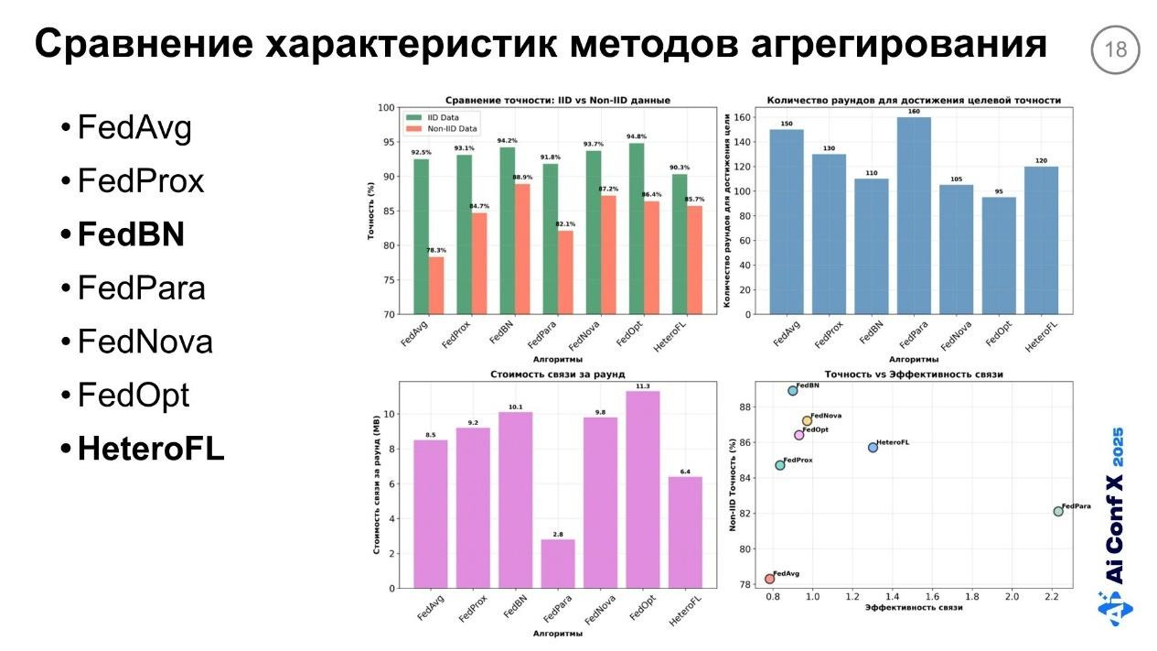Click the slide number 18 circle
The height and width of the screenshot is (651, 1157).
click(x=1116, y=49)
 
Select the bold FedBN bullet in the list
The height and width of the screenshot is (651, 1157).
click(x=131, y=235)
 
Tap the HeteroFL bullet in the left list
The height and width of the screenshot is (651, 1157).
click(x=150, y=449)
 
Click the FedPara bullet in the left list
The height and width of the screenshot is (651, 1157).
click(x=141, y=288)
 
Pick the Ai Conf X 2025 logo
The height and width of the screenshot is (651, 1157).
click(x=1116, y=526)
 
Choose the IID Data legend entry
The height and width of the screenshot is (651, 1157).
click(x=445, y=118)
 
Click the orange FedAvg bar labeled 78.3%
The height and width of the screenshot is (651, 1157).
click(x=436, y=285)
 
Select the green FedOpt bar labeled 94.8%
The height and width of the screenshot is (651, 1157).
click(x=636, y=228)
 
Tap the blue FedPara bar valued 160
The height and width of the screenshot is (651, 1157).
click(x=905, y=215)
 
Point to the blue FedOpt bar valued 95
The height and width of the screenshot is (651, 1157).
click(x=998, y=255)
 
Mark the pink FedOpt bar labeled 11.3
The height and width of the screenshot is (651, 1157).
click(x=642, y=489)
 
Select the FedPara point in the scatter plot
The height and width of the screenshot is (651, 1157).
click(x=1058, y=511)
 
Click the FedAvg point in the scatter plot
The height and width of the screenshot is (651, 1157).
click(x=769, y=579)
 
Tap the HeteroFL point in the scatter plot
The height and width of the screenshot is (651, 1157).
click(x=873, y=447)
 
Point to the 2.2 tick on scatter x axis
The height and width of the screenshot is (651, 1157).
click(x=1052, y=596)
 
